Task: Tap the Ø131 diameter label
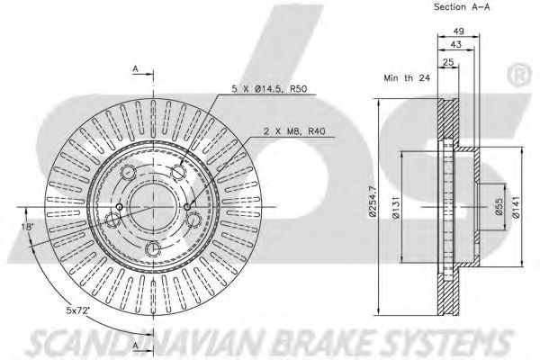point(396,215)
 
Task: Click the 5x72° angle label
point(78,311)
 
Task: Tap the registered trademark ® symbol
point(519,69)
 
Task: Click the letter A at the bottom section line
point(135,345)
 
